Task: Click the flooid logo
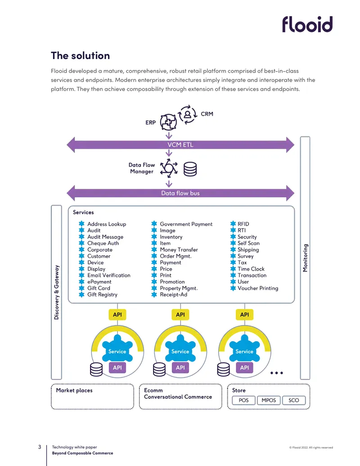(x=307, y=24)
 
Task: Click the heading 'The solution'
(x=80, y=55)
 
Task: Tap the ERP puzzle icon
(x=168, y=122)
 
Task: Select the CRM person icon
(x=188, y=114)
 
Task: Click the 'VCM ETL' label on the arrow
(x=180, y=145)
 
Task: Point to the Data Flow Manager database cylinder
(x=190, y=169)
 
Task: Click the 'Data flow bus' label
(x=180, y=193)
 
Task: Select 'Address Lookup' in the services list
(x=107, y=224)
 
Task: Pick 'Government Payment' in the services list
(x=186, y=224)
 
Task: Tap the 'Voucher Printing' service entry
(x=258, y=288)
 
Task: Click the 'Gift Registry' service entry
(x=102, y=294)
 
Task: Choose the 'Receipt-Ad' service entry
(x=173, y=294)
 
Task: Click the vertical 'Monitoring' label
(x=305, y=258)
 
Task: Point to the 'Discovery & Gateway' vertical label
(x=56, y=293)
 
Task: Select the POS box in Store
(x=243, y=400)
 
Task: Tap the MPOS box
(x=269, y=400)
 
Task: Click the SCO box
(x=293, y=400)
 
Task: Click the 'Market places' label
(x=74, y=390)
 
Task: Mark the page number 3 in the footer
(x=40, y=447)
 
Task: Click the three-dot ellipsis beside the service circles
(x=277, y=373)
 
